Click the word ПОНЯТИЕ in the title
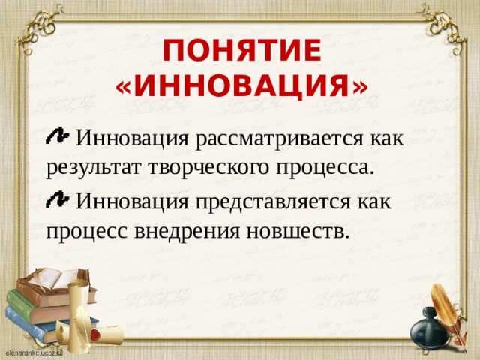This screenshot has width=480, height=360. (x=241, y=52)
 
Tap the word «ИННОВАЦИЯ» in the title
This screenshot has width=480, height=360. (x=241, y=88)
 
